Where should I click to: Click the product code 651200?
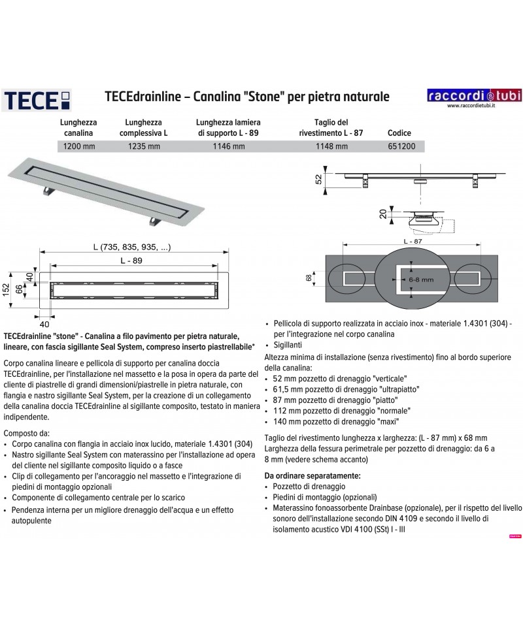tap(399, 146)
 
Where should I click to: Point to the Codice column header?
tap(399, 132)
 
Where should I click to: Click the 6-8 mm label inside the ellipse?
tap(410, 279)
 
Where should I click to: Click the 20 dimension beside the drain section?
tap(382, 214)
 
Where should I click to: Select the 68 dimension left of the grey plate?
tap(309, 278)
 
